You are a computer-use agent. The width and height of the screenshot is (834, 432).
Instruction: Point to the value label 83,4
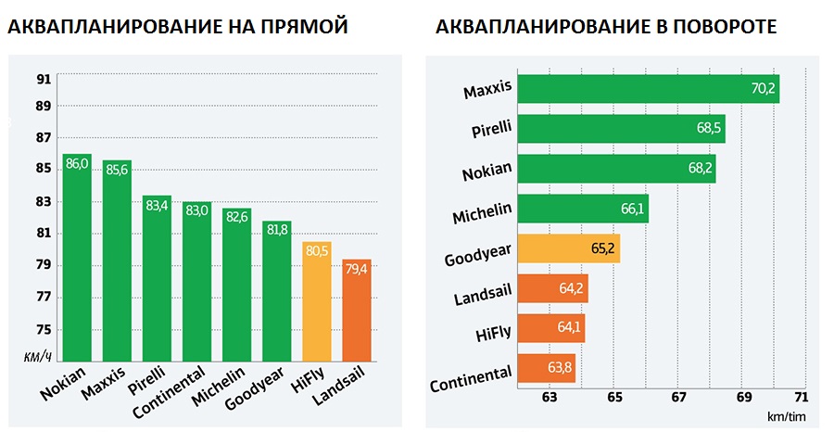[x=158, y=205]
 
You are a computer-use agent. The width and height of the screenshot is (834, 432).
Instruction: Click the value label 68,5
[x=710, y=130]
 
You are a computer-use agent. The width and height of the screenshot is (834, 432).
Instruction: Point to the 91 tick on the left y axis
[x=44, y=79]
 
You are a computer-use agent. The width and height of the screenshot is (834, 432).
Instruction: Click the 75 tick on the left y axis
[x=44, y=329]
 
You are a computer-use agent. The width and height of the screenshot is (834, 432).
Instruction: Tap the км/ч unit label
[x=37, y=357]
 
